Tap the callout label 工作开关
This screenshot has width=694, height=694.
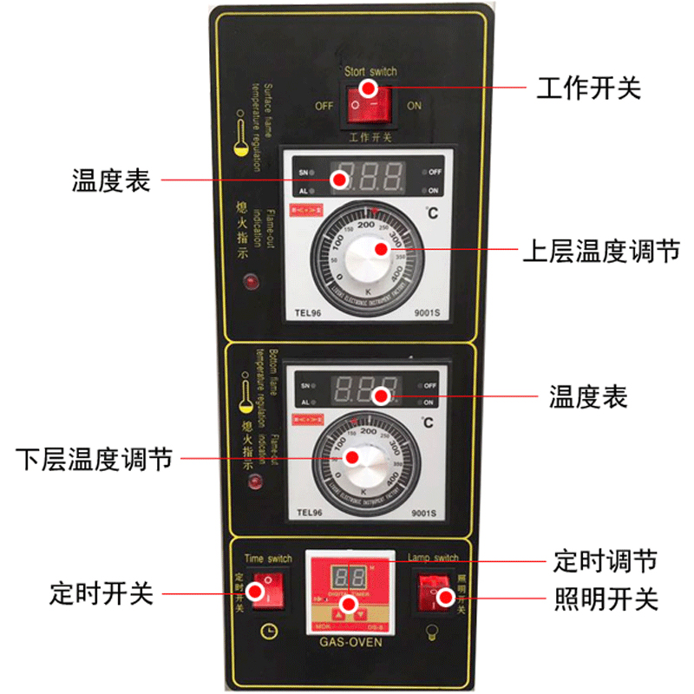point(588,88)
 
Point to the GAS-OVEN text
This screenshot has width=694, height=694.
point(348,643)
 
